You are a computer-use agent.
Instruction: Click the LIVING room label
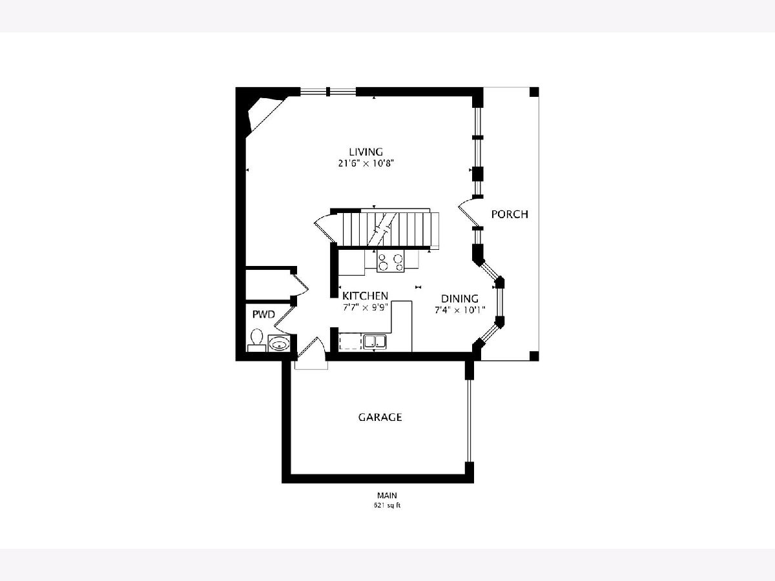point(366,152)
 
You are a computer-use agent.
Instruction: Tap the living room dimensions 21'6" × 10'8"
point(366,164)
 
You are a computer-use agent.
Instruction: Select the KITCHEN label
point(365,296)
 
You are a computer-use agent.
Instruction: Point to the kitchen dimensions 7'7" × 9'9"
point(365,307)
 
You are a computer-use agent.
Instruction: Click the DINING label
point(460,298)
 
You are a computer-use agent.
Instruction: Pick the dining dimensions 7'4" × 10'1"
point(460,311)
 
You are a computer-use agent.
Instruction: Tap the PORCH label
point(510,214)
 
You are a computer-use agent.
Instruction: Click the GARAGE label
point(380,417)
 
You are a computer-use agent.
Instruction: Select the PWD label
point(263,314)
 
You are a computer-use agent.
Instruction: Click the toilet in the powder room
point(256,340)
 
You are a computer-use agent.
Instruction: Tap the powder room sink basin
point(279,343)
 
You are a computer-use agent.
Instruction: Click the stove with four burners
point(391,261)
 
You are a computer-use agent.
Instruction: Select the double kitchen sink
point(375,342)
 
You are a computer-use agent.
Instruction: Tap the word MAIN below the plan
point(387,495)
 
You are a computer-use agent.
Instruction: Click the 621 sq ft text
point(387,505)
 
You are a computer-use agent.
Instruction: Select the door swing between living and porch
point(470,212)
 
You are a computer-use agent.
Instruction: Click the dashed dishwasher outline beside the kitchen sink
point(351,341)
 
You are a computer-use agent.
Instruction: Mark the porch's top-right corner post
point(534,92)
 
